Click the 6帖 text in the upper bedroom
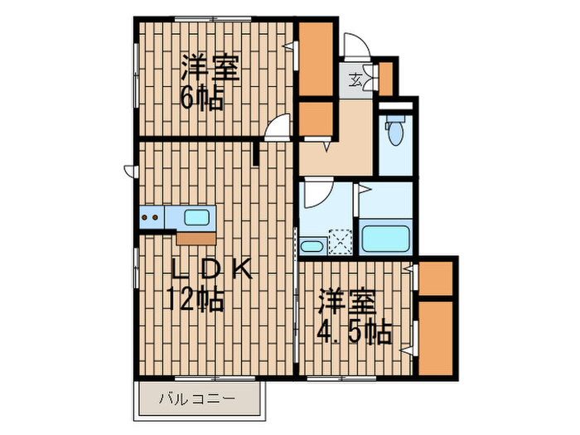point(201,99)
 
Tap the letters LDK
point(210,271)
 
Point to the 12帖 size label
point(196,298)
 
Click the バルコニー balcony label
point(197,399)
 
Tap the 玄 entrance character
point(355,80)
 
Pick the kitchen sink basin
point(196,218)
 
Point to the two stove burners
point(152,218)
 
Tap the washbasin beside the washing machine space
point(312,245)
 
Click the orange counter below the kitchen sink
point(196,237)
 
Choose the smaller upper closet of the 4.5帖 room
point(436,278)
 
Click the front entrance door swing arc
point(355,45)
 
